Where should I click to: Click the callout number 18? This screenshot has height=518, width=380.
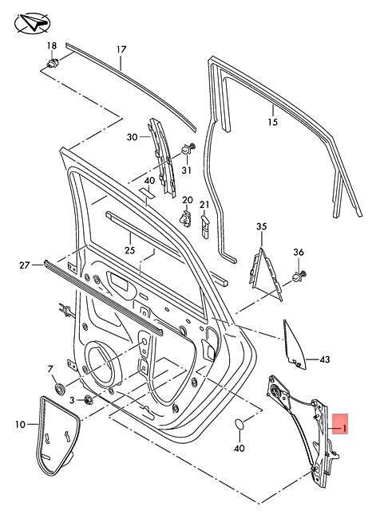[x=52, y=45]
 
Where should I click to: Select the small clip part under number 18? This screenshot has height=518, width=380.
[x=53, y=62]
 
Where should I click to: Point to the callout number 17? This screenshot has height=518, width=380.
[x=121, y=49]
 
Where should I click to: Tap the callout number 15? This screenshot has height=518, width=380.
[x=272, y=122]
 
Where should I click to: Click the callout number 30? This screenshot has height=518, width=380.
[x=132, y=137]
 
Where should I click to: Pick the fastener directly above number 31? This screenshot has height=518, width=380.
[x=188, y=149]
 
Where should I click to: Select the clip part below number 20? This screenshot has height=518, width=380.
[x=186, y=218]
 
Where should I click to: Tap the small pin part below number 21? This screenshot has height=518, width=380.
[x=205, y=226]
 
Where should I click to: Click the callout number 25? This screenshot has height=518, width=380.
[x=130, y=250]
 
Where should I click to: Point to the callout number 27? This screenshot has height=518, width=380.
[x=25, y=265]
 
